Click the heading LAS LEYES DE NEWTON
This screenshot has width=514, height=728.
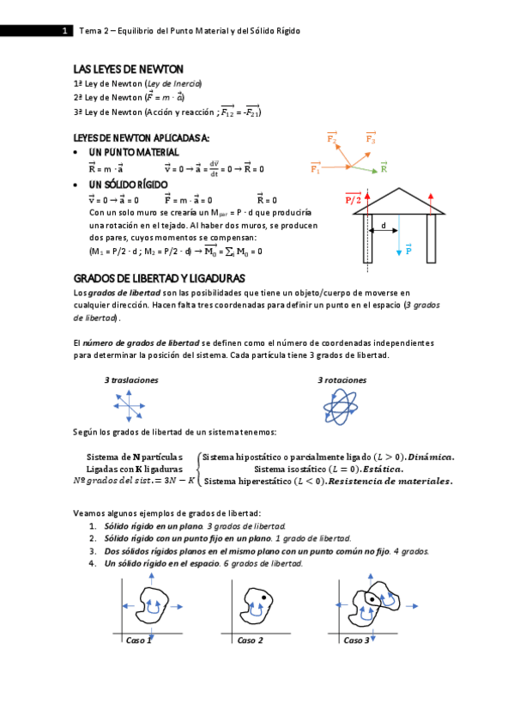tap(129, 69)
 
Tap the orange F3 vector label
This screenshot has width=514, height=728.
tap(371, 137)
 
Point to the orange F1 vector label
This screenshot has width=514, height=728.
tap(315, 169)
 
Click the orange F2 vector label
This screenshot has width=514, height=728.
tap(332, 137)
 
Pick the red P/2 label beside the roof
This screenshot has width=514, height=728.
tap(353, 199)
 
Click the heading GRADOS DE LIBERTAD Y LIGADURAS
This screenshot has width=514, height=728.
tap(160, 279)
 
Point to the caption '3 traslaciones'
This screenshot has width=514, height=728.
tap(131, 379)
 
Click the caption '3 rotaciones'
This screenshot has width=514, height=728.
tap(342, 379)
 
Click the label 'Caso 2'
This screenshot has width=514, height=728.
tap(250, 640)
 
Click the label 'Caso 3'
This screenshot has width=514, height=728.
tap(356, 640)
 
